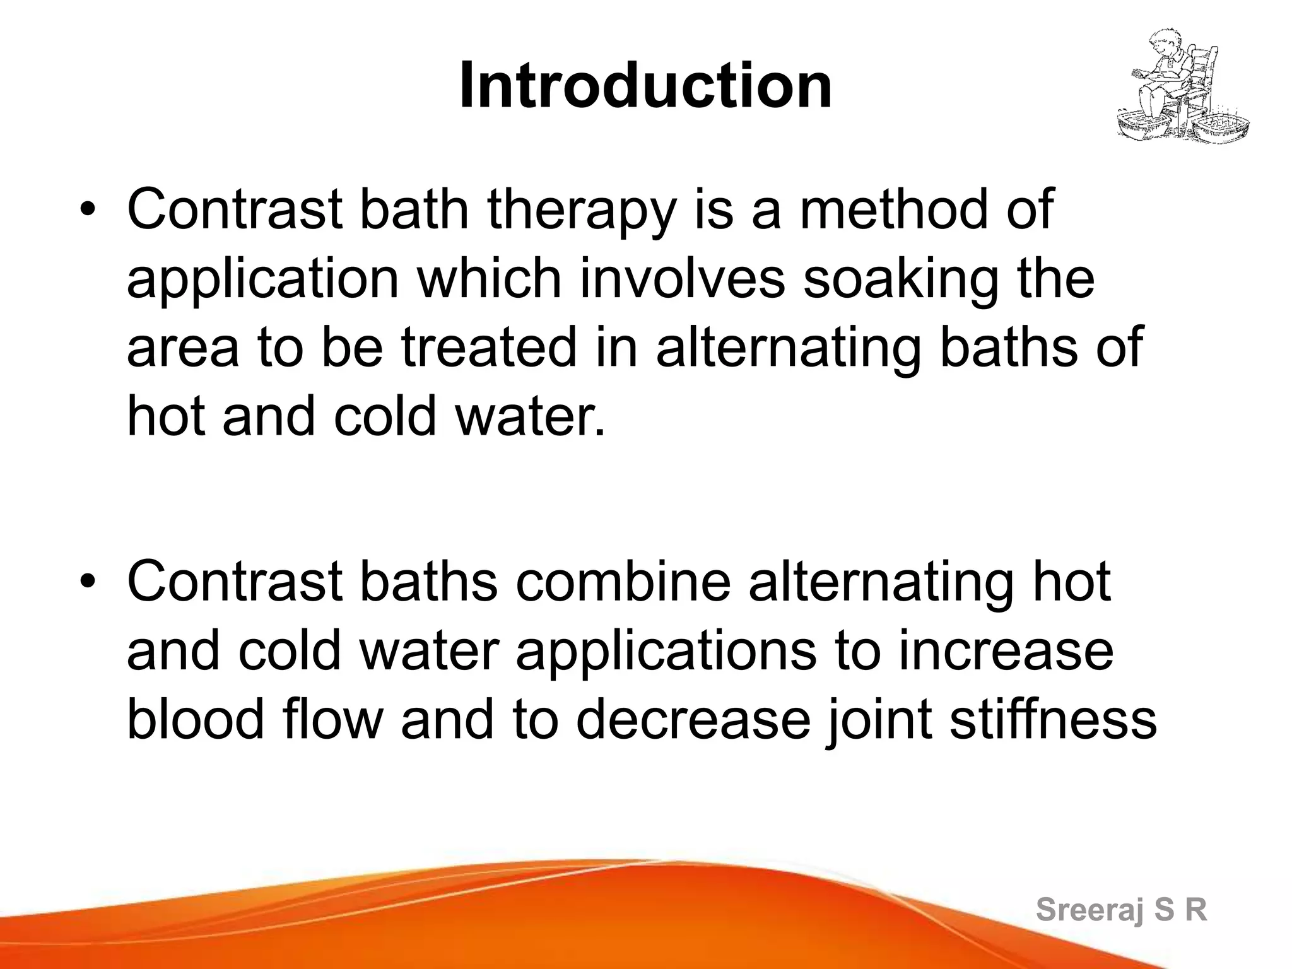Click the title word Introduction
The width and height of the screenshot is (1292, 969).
645,86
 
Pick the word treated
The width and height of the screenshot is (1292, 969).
490,348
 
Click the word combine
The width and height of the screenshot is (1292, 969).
623,582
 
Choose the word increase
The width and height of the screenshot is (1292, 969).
1006,652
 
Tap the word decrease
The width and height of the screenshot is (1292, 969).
693,720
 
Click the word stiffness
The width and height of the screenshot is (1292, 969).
1053,720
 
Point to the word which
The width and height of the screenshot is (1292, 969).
490,279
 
